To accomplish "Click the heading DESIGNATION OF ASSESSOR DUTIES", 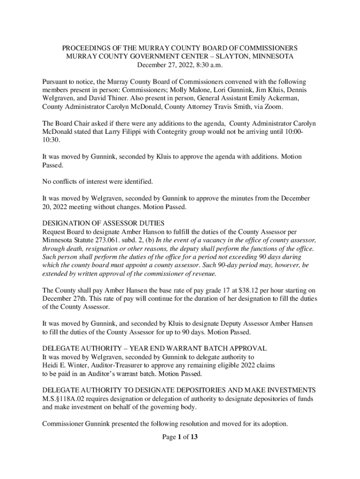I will (103, 224).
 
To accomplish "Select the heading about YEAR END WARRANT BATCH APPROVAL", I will (154, 348).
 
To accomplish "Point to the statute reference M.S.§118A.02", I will (68, 399).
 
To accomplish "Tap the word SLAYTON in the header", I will (225, 56).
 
